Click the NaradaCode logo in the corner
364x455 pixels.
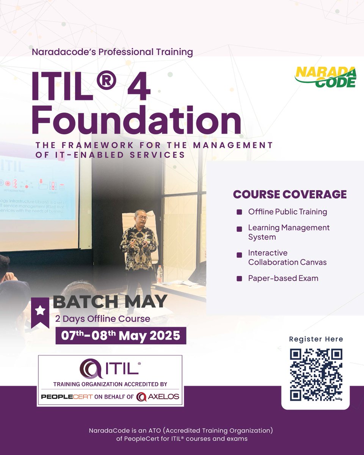[325, 77]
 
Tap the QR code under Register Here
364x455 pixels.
[316, 375]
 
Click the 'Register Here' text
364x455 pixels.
[316, 339]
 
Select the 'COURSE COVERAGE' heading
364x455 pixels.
[290, 194]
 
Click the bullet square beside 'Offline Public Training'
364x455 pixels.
[239, 212]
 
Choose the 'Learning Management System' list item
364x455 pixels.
[289, 232]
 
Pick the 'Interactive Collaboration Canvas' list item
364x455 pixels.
[287, 257]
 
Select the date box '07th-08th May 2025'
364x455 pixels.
[121, 336]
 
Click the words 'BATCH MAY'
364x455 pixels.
[110, 301]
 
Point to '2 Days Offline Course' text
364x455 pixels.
[102, 318]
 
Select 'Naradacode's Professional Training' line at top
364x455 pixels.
[113, 52]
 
